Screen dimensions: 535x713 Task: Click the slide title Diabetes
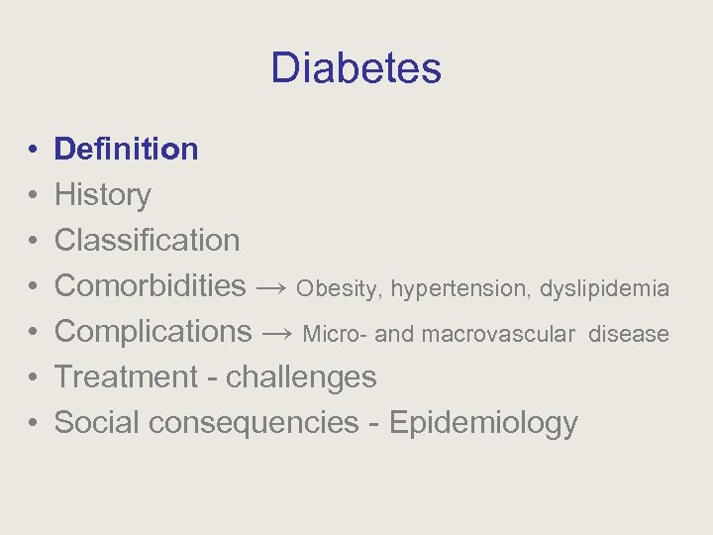(356, 68)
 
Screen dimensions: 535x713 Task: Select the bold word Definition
(126, 150)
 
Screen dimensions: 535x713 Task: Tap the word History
(102, 195)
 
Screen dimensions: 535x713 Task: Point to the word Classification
(147, 240)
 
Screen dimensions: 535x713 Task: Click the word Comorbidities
(150, 285)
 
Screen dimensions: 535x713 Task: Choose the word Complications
(153, 331)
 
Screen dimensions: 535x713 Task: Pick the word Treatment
(126, 376)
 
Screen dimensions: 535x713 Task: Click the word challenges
(301, 376)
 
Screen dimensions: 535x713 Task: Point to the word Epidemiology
(483, 422)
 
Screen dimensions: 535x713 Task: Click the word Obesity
(337, 288)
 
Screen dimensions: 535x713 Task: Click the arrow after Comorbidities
(271, 287)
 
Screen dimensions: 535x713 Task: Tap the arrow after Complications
(277, 333)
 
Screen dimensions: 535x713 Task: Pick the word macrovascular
(498, 335)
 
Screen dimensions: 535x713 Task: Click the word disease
(628, 335)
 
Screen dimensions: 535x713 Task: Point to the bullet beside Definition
(33, 151)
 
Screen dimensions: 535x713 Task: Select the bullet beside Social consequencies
(33, 423)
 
